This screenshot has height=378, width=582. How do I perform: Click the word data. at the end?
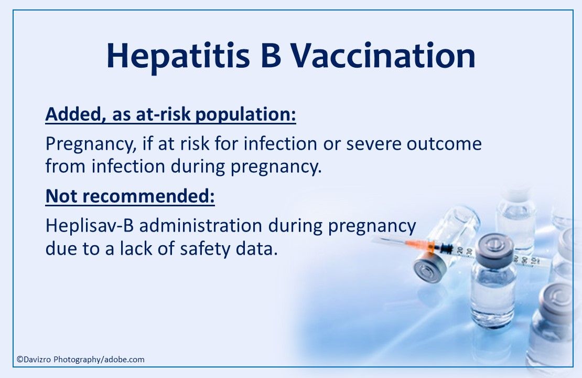pos(257,249)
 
